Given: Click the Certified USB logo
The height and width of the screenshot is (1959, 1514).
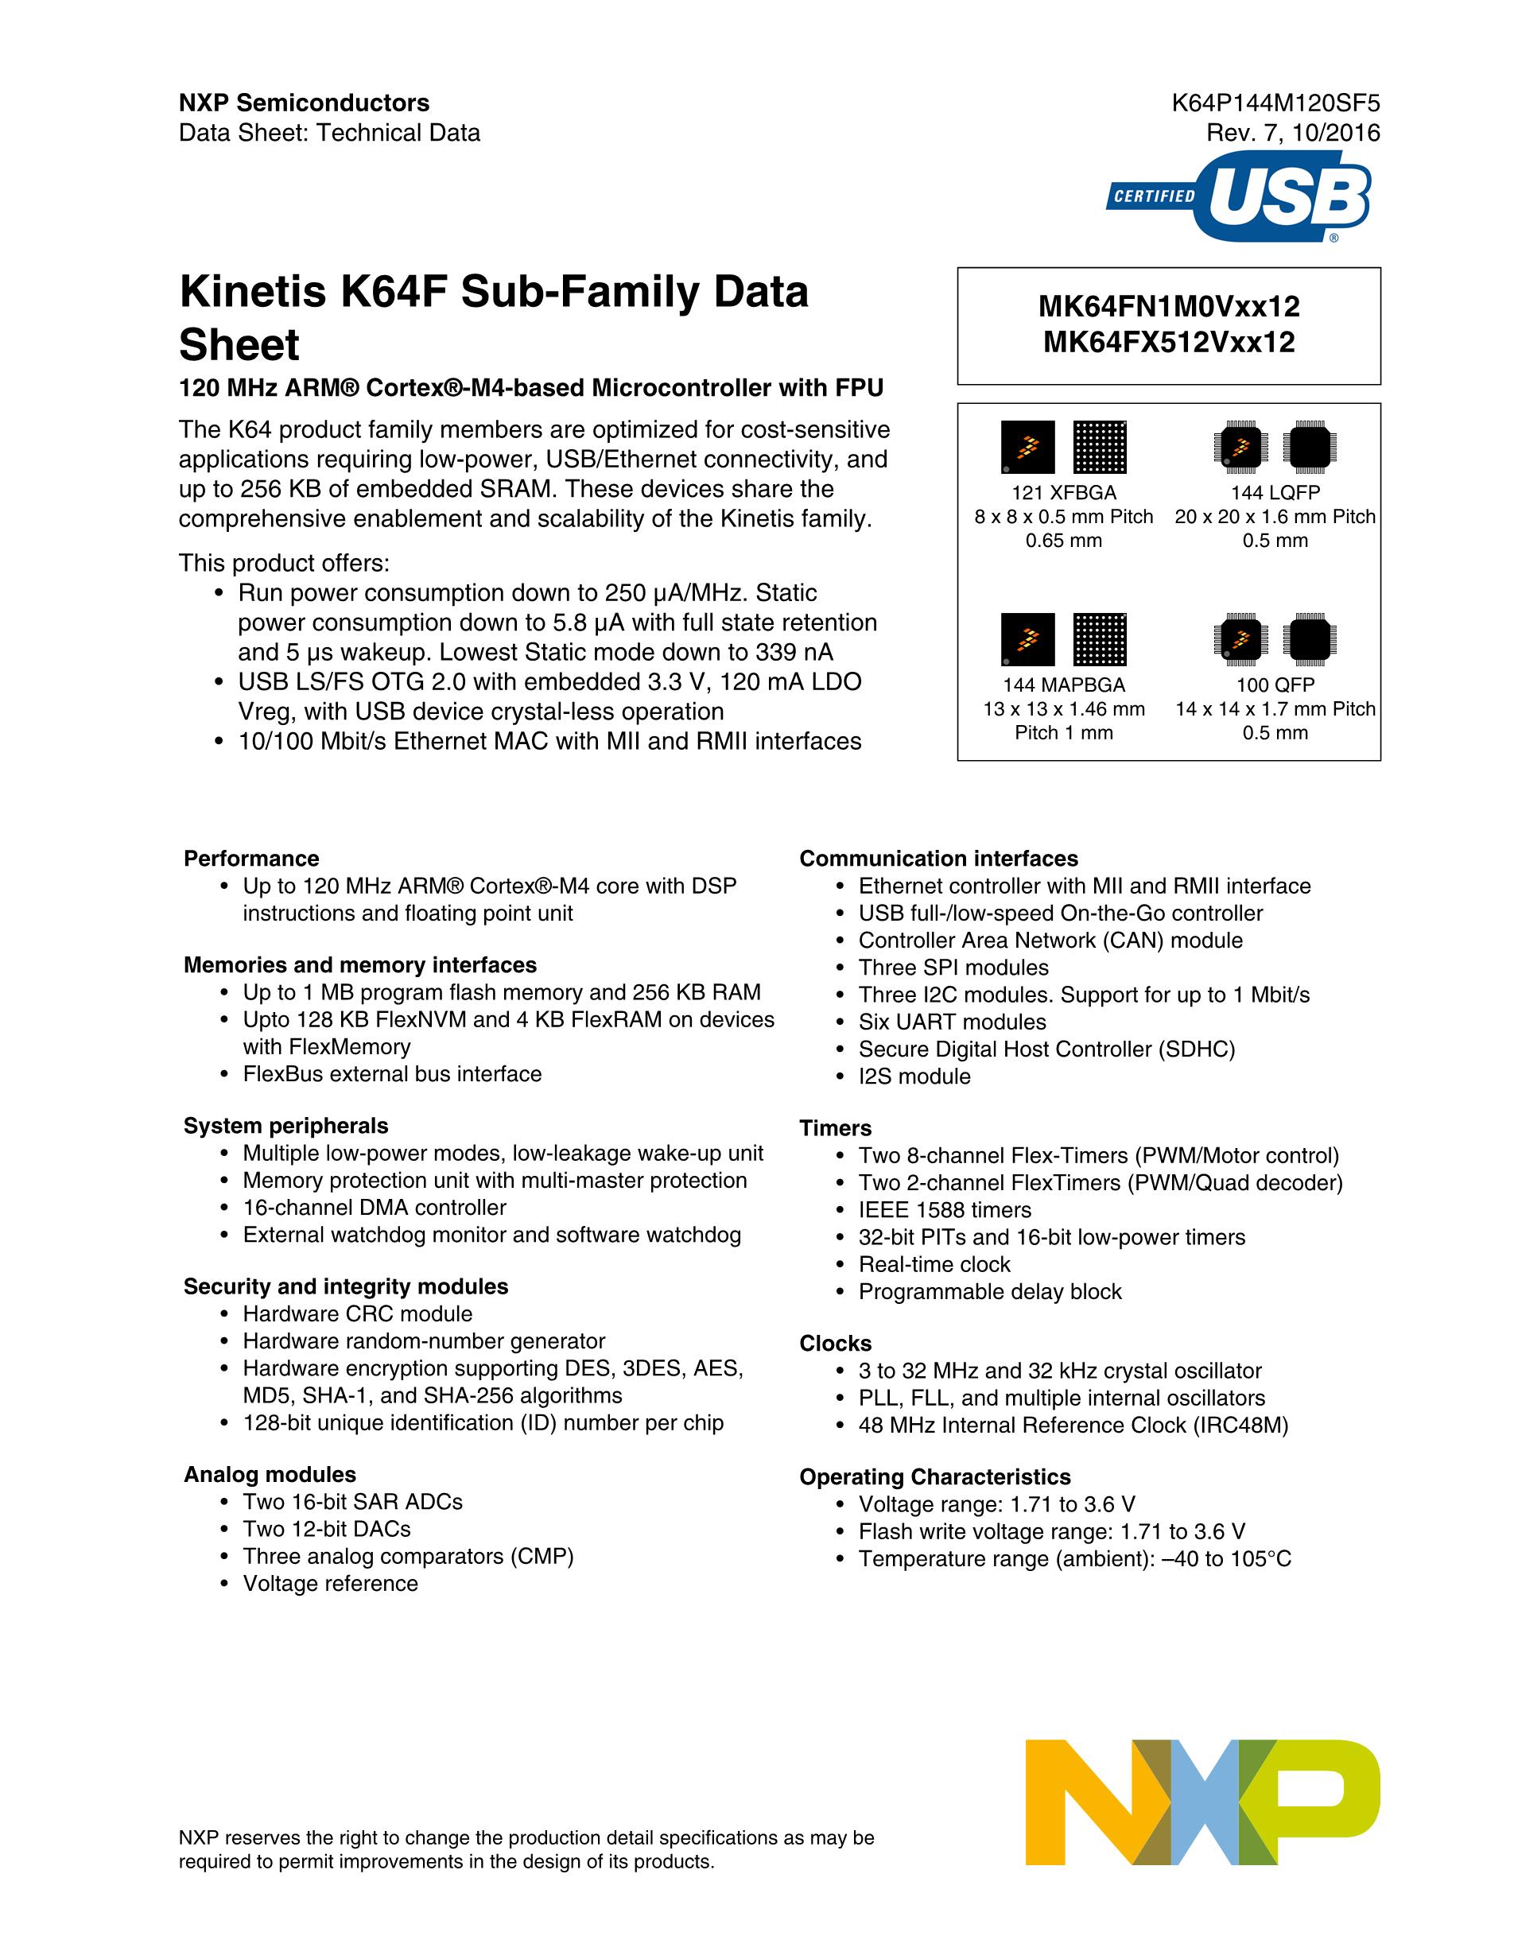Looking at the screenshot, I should [1239, 196].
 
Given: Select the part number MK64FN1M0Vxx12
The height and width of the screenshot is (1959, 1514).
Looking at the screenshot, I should [1169, 307].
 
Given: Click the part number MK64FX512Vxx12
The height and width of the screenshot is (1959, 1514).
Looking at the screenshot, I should [1169, 342].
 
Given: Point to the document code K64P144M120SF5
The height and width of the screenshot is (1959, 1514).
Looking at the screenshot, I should [1275, 103].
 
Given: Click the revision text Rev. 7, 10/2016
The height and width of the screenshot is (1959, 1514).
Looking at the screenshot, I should [1292, 134].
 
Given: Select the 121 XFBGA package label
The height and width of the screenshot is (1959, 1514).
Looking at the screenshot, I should [1064, 492].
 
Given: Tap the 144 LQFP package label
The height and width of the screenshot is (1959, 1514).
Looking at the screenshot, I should [1275, 492].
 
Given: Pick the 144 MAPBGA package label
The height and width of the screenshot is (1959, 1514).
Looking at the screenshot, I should [1064, 685].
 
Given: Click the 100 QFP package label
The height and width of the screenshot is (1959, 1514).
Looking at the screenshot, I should [1275, 685].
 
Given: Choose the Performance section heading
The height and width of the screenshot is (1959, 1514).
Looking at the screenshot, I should [251, 859].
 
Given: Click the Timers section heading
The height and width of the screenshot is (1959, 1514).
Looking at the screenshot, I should [835, 1128].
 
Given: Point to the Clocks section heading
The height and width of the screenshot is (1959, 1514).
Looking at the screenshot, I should [835, 1344].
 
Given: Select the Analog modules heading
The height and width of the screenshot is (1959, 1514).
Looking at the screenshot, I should [269, 1475].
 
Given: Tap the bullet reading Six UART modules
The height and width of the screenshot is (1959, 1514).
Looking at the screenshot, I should [952, 1022].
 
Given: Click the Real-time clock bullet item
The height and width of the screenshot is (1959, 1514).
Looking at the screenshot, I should [934, 1265].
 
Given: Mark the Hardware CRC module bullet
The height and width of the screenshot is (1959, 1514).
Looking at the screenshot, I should [357, 1314].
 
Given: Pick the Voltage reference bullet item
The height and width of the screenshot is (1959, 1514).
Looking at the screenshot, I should [330, 1584].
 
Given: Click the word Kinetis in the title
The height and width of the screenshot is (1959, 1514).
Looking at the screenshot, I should [253, 293].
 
